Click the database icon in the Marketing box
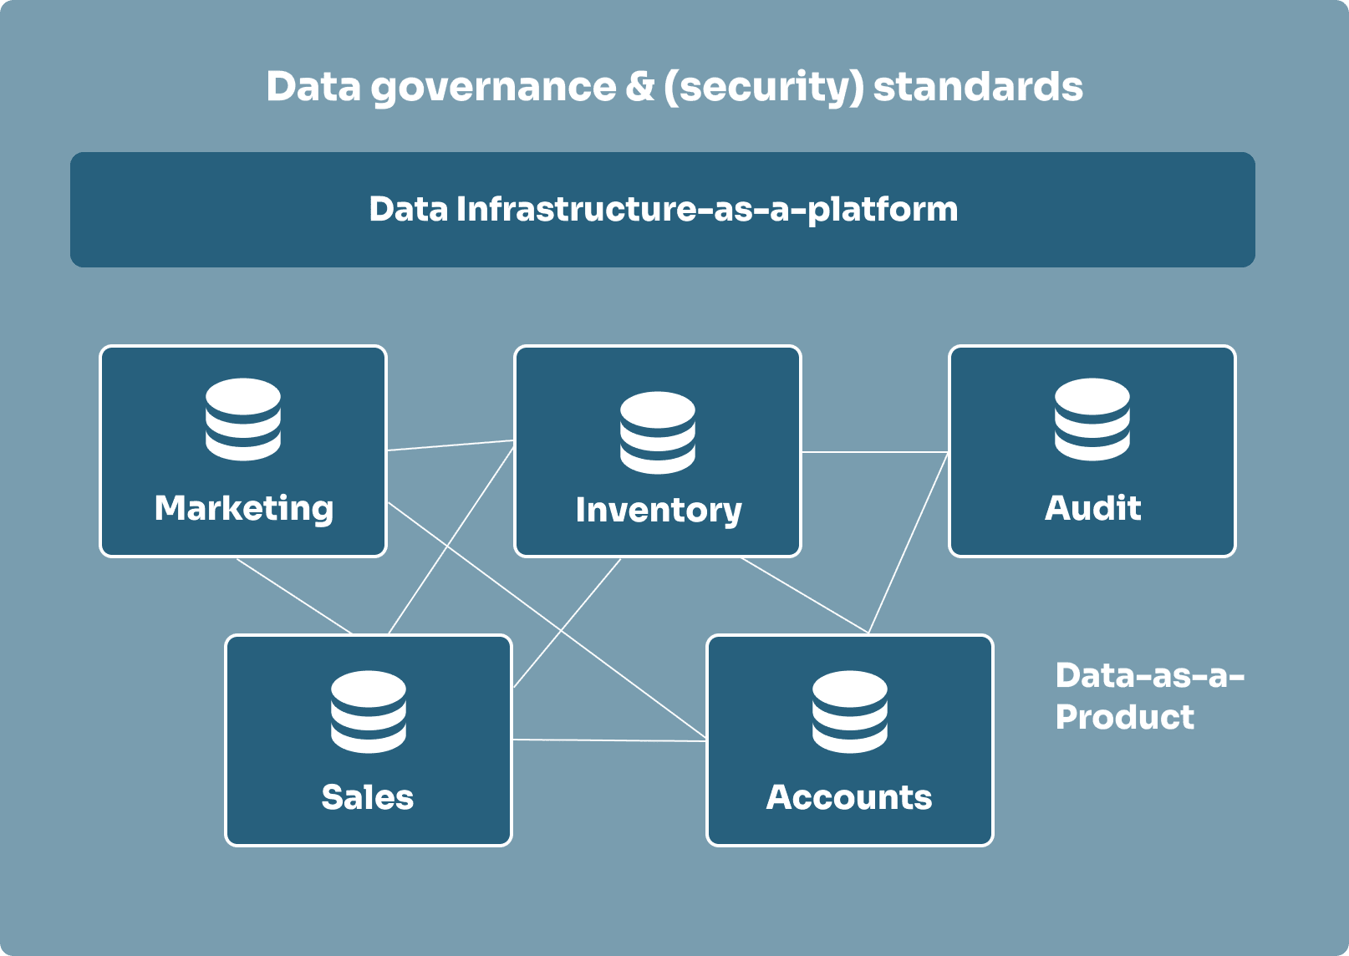(243, 419)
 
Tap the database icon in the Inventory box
(658, 432)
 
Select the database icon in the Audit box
(1092, 419)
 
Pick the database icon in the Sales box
(369, 711)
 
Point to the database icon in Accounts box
(849, 711)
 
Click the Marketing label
(243, 508)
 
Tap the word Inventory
(658, 510)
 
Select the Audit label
(1092, 508)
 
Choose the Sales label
(368, 797)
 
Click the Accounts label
(849, 797)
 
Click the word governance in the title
(493, 87)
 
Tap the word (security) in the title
(763, 87)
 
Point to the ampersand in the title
(640, 87)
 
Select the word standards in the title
(978, 87)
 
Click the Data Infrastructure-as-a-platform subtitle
(664, 209)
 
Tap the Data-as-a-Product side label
(1149, 695)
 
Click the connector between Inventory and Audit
(875, 452)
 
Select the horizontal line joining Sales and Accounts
(608, 740)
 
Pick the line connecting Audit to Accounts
(909, 542)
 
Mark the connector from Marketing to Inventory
(450, 445)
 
